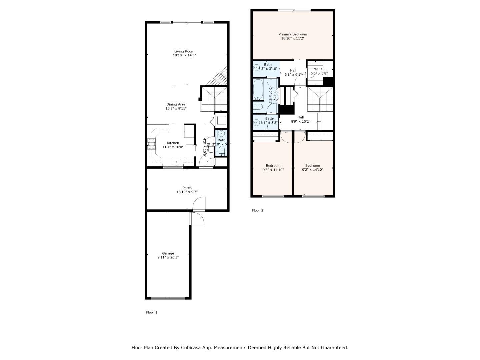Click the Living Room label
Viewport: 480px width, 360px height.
[x=184, y=51]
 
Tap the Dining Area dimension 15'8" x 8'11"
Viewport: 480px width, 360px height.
[x=176, y=108]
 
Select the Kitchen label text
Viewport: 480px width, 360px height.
[x=173, y=143]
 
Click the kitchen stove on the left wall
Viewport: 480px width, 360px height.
[x=152, y=144]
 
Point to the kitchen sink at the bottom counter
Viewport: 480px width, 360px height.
[x=176, y=163]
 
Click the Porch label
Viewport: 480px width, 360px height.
[x=187, y=188]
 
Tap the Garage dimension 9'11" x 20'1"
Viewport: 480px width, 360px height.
[x=168, y=257]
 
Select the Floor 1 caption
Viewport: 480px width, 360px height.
[x=152, y=312]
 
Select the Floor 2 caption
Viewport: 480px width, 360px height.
[x=257, y=210]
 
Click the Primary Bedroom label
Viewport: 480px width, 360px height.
[x=293, y=34]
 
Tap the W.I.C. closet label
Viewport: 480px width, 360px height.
[x=319, y=69]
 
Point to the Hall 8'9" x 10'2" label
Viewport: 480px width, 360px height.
[x=301, y=119]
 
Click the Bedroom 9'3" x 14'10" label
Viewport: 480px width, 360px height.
[x=273, y=168]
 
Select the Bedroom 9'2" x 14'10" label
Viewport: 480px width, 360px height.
[x=312, y=168]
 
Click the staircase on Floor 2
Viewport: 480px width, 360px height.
[x=320, y=99]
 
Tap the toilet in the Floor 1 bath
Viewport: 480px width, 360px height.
[x=222, y=150]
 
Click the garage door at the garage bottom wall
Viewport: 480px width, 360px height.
[x=168, y=298]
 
